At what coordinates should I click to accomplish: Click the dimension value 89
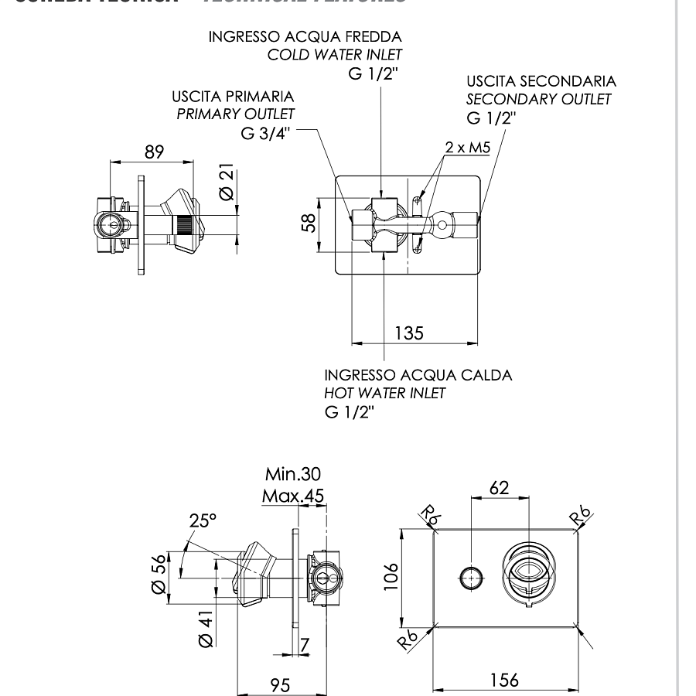click(154, 152)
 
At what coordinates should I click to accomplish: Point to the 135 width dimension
click(409, 333)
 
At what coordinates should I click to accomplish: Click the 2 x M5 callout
click(467, 148)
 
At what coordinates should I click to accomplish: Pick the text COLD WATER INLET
click(335, 55)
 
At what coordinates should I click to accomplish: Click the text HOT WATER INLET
click(384, 393)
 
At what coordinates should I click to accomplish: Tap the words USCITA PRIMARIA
click(233, 97)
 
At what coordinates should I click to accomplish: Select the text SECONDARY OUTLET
click(538, 99)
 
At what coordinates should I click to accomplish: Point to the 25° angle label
click(203, 520)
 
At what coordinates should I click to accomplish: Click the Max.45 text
click(292, 495)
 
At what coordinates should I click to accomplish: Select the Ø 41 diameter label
click(205, 628)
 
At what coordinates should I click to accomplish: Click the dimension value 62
click(499, 487)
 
